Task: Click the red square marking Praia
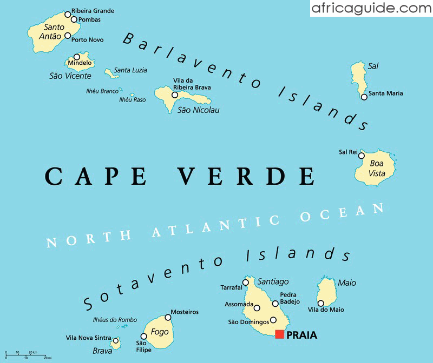point(279,334)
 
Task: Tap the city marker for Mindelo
point(77,57)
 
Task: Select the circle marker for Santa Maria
point(364,97)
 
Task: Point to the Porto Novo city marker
point(68,36)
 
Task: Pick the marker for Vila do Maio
point(320,303)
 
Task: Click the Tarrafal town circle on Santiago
point(246,283)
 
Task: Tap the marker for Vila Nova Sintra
point(115,340)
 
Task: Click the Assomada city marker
point(257,308)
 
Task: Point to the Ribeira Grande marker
point(67,14)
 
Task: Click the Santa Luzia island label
point(130,70)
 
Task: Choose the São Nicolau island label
point(199,110)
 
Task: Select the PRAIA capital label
point(302,335)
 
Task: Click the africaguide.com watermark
point(371,8)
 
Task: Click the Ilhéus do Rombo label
point(115,320)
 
